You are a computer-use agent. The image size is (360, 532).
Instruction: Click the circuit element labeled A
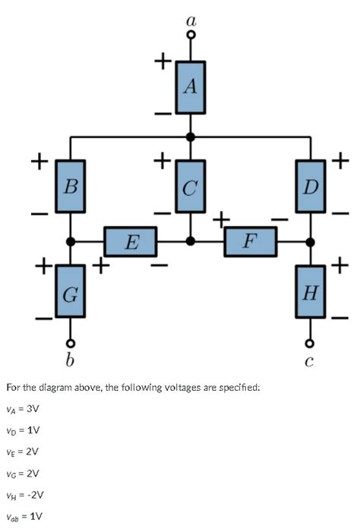[x=191, y=87]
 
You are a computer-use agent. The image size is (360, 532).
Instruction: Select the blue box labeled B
[x=71, y=186]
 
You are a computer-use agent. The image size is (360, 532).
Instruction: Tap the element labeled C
[x=191, y=186]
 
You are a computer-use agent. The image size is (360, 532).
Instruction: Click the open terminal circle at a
[x=191, y=34]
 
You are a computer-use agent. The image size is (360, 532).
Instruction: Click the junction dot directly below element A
[x=191, y=137]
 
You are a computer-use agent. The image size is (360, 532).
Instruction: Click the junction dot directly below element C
[x=191, y=241]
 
